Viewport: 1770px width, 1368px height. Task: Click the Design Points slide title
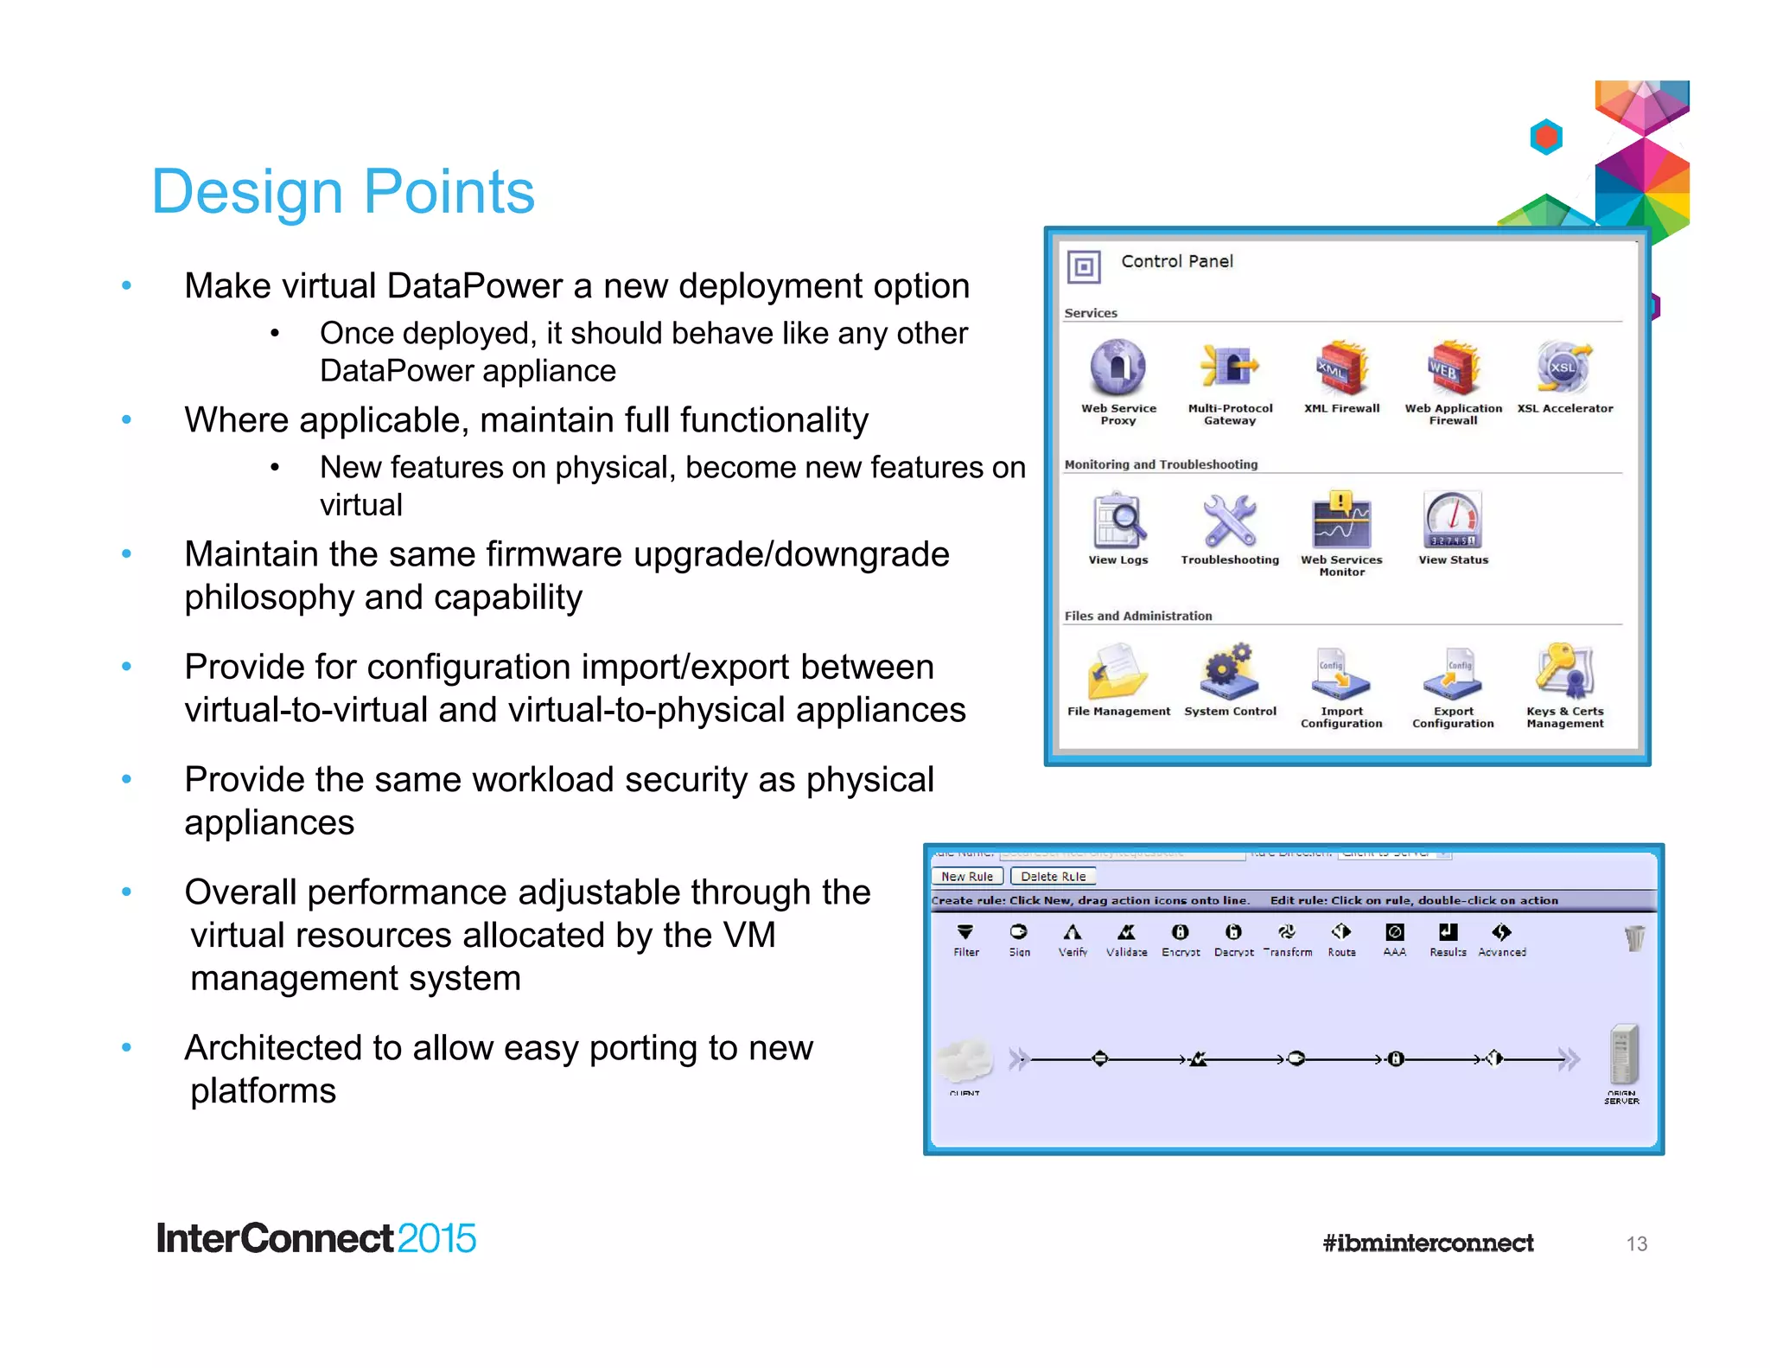point(343,191)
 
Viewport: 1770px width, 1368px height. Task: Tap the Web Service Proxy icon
point(1117,368)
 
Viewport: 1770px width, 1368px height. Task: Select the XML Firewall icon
point(1341,368)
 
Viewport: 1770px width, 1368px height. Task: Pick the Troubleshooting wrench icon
point(1230,521)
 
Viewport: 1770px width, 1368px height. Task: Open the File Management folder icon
point(1117,672)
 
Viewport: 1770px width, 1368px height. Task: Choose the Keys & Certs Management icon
point(1564,672)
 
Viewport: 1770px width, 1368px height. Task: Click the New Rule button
point(967,876)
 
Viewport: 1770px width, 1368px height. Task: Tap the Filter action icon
point(965,932)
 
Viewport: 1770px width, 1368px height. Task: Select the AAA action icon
point(1394,932)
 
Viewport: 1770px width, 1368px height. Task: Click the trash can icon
point(1634,938)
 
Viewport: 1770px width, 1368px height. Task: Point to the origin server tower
point(1623,1054)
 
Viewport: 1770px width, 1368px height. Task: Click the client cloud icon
point(965,1060)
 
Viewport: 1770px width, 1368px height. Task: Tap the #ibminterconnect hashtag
point(1428,1243)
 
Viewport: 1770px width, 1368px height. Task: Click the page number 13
point(1636,1243)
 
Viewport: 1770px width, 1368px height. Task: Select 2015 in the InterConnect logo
point(436,1238)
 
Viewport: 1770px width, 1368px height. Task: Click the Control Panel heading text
point(1176,261)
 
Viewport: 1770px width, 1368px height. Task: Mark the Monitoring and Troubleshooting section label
point(1161,464)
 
